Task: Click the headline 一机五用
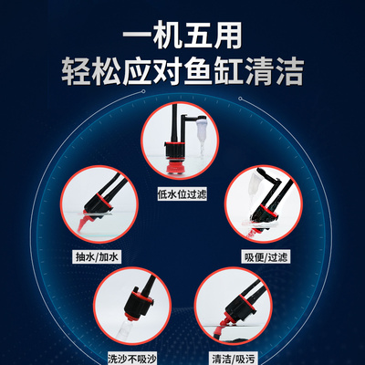[182, 34]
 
